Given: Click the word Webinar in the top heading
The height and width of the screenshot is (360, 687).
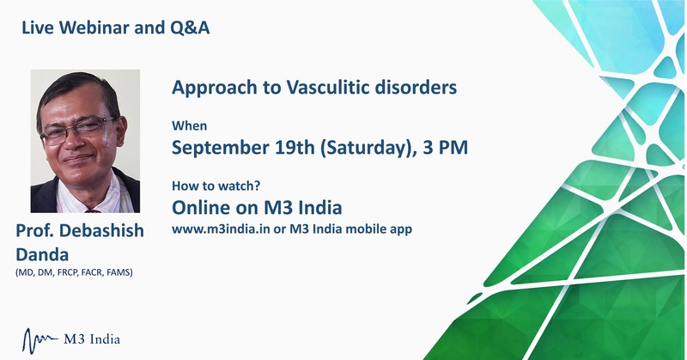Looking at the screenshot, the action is (94, 27).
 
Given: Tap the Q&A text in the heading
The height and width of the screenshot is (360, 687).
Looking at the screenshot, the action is (189, 28).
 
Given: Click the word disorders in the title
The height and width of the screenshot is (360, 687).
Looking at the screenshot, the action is (416, 88).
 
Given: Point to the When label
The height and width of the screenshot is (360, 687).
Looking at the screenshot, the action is (189, 125).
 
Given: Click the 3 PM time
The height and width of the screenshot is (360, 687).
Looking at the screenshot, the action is (445, 147).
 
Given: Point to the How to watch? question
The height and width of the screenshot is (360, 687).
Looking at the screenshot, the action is (216, 186).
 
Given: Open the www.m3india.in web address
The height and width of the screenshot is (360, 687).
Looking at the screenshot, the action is (221, 229).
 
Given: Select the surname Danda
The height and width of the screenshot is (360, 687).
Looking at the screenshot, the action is (42, 255).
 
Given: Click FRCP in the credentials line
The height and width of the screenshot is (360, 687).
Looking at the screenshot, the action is (67, 272).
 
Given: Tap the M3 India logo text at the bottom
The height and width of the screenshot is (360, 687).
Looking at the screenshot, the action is (92, 339).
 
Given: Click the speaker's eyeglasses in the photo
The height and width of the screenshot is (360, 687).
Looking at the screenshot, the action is (78, 131).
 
